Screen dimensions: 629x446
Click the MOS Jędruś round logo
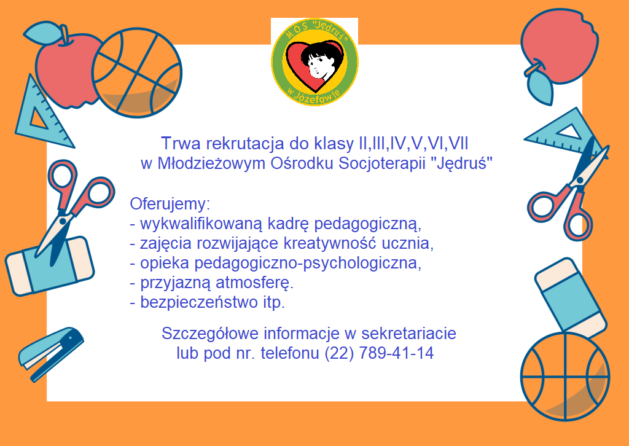click(315, 63)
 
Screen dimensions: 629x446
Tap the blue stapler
click(51, 354)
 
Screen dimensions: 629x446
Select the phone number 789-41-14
click(396, 353)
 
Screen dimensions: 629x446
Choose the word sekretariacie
click(408, 334)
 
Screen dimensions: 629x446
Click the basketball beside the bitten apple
click(137, 72)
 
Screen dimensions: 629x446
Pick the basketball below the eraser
click(565, 376)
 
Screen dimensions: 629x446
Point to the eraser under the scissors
click(49, 267)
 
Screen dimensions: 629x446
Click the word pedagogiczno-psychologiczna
click(308, 263)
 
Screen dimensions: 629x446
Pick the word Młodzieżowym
click(211, 163)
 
